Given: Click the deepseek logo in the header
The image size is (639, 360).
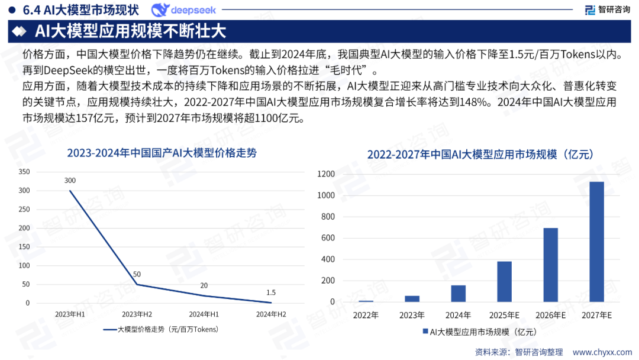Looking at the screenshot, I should pos(183,10).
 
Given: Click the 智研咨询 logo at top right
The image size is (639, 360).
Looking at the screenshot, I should pos(607,10).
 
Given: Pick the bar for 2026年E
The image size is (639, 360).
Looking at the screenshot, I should pos(550,265).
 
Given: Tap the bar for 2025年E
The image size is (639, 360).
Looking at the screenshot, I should pos(504,281).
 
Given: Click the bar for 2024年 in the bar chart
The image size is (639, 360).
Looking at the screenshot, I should pos(458,294).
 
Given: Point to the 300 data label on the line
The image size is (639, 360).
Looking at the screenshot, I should pos(70,181).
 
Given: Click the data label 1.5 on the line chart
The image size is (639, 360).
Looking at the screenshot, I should pos(271,292).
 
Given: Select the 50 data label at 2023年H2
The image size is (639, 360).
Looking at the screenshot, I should pos(137,274).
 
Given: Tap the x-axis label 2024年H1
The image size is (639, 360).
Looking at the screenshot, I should pos(204,314).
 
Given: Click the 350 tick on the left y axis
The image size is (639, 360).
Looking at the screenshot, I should pos(24,172).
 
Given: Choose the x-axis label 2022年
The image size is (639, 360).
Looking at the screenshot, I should pos(366,314).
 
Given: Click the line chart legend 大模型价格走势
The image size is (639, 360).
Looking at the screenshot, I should pos(161,329).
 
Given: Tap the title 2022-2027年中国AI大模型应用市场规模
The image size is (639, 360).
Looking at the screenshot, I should pos(480,155).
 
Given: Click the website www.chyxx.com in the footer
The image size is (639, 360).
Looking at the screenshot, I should pos(601,352).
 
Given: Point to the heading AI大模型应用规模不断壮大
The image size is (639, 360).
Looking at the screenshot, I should pos(130,30).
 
